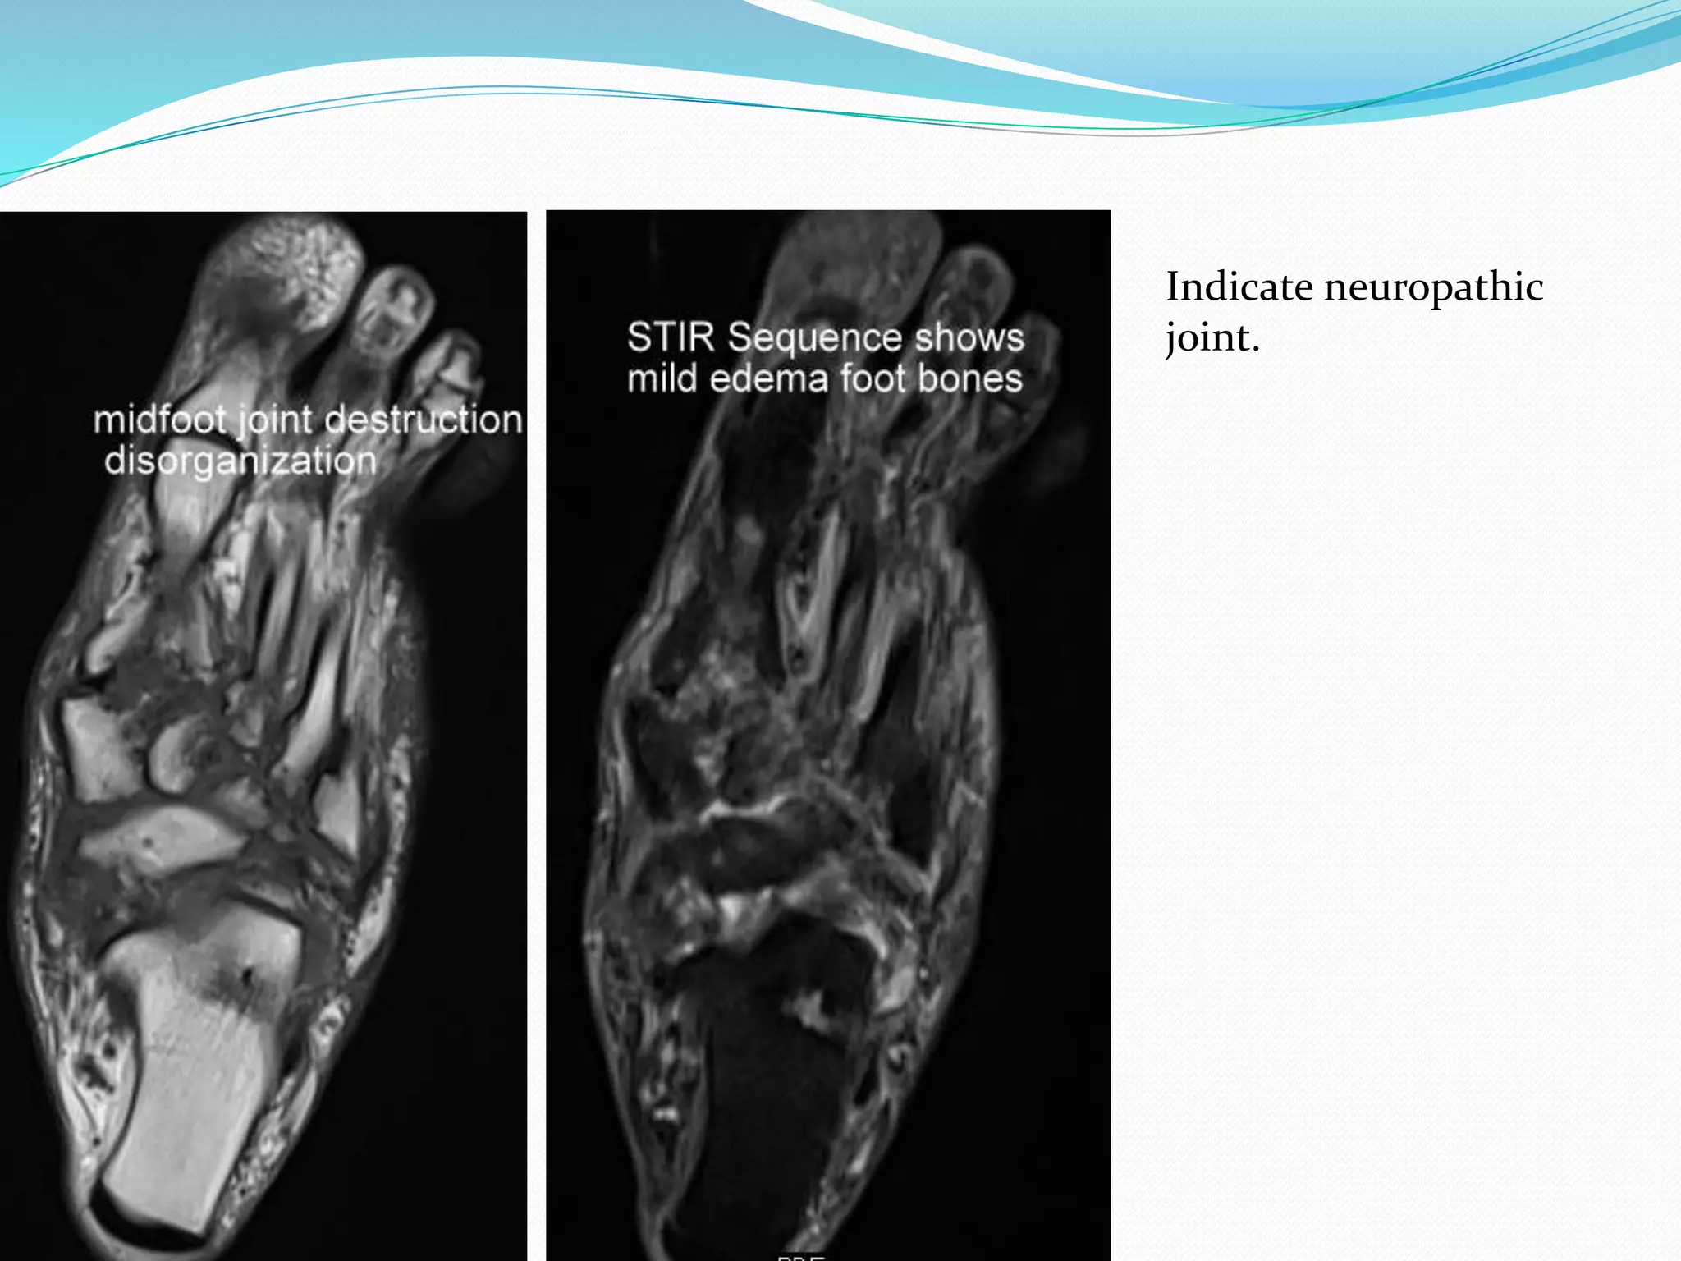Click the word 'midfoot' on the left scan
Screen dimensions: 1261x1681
pos(159,420)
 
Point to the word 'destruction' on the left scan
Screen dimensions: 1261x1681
pos(424,420)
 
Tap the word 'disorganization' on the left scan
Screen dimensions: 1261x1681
pos(240,461)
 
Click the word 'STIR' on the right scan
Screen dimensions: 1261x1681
pos(671,338)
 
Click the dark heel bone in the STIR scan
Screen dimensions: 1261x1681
pos(763,1092)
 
